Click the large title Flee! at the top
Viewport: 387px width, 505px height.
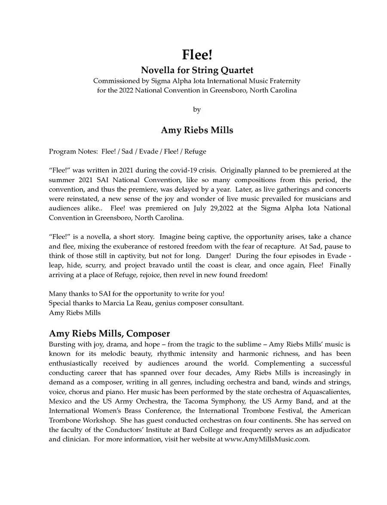pyautogui.click(x=197, y=55)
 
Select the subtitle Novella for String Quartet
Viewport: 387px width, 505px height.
pyautogui.click(x=197, y=70)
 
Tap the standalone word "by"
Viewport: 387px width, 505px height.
pyautogui.click(x=197, y=110)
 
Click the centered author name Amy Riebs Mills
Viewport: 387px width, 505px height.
pyautogui.click(x=197, y=130)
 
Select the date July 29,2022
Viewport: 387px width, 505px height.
pyautogui.click(x=220, y=208)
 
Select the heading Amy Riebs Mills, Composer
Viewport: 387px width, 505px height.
pyautogui.click(x=109, y=334)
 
